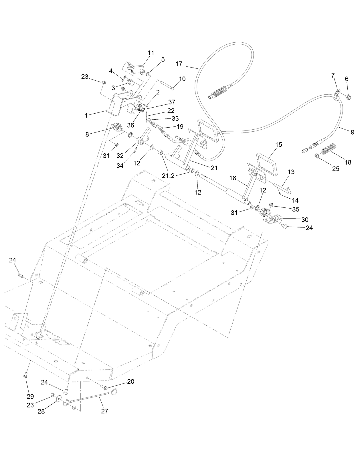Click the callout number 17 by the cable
pos(179,64)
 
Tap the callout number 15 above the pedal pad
pos(278,145)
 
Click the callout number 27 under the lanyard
pos(105,411)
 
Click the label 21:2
pos(168,176)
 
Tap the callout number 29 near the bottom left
pos(30,396)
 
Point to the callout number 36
pos(130,125)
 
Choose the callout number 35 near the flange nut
pos(296,209)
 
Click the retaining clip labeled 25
pos(317,156)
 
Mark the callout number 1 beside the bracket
pos(86,115)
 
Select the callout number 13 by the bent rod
pos(291,172)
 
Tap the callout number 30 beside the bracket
pos(305,219)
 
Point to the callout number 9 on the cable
pos(352,132)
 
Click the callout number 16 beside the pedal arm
pos(233,178)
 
